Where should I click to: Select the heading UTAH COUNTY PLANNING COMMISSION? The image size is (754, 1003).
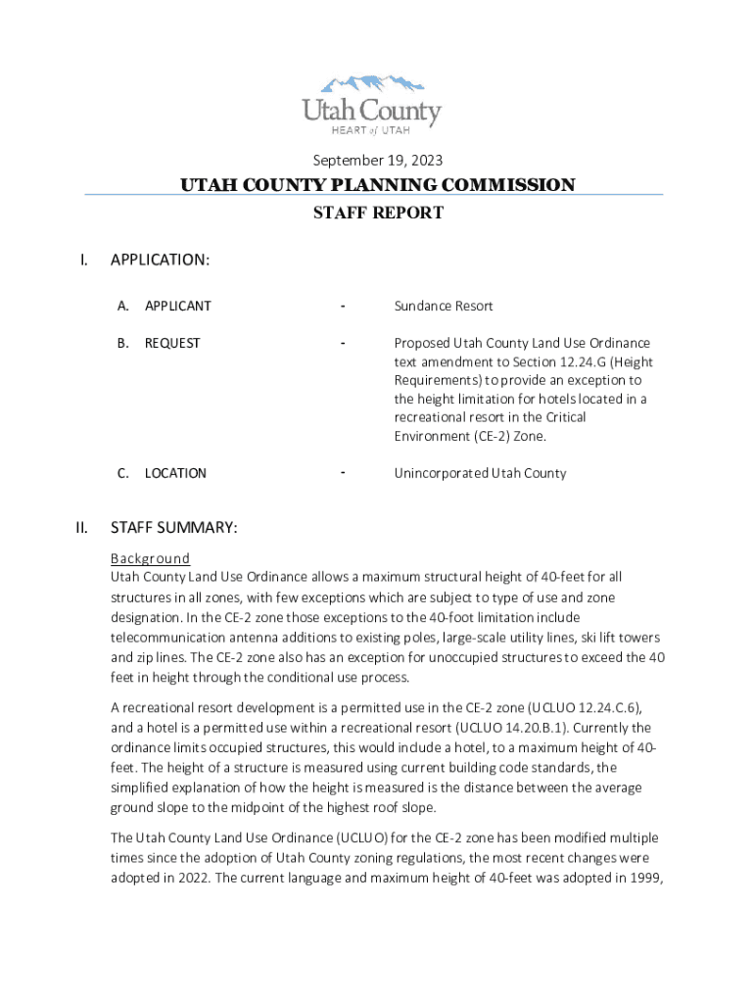[x=377, y=185]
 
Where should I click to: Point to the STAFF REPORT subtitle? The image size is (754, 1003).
[x=377, y=213]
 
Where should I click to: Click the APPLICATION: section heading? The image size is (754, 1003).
[x=160, y=260]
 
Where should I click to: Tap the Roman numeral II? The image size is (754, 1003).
[x=82, y=528]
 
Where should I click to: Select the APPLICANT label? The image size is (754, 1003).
[x=177, y=306]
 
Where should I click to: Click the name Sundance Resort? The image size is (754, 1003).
[x=443, y=306]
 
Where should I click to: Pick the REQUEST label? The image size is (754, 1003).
[x=172, y=343]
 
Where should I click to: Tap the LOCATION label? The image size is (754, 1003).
[x=175, y=473]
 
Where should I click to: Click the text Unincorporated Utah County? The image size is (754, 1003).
[x=480, y=473]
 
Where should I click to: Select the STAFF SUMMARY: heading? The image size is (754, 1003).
[x=173, y=528]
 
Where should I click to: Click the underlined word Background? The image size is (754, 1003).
[x=150, y=558]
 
